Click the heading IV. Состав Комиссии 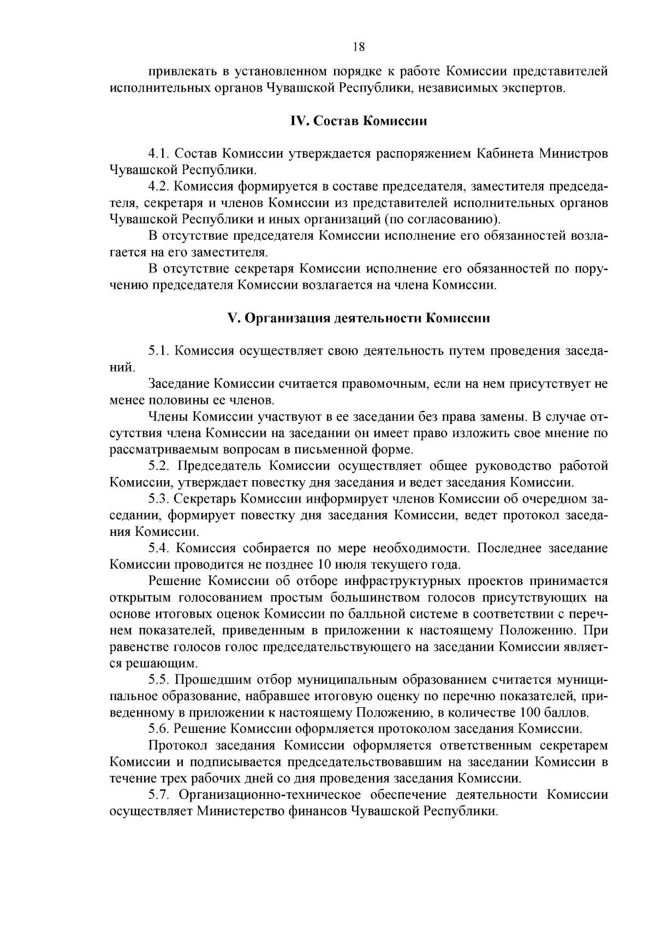[359, 121]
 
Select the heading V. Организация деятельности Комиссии [359, 318]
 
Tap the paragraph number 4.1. [158, 153]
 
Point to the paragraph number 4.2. [158, 187]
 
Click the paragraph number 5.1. [158, 351]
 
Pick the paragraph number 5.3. [158, 499]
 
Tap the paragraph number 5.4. [159, 548]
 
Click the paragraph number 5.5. [158, 680]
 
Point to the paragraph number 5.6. [158, 729]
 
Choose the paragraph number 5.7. [159, 794]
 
